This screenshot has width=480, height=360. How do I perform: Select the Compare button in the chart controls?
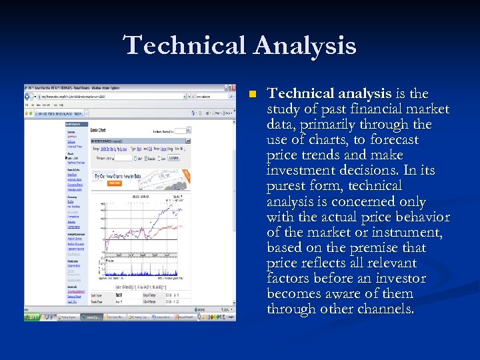[x=173, y=158]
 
